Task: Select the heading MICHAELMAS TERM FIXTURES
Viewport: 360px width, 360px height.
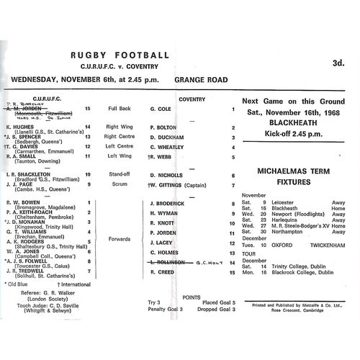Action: coord(294,177)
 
